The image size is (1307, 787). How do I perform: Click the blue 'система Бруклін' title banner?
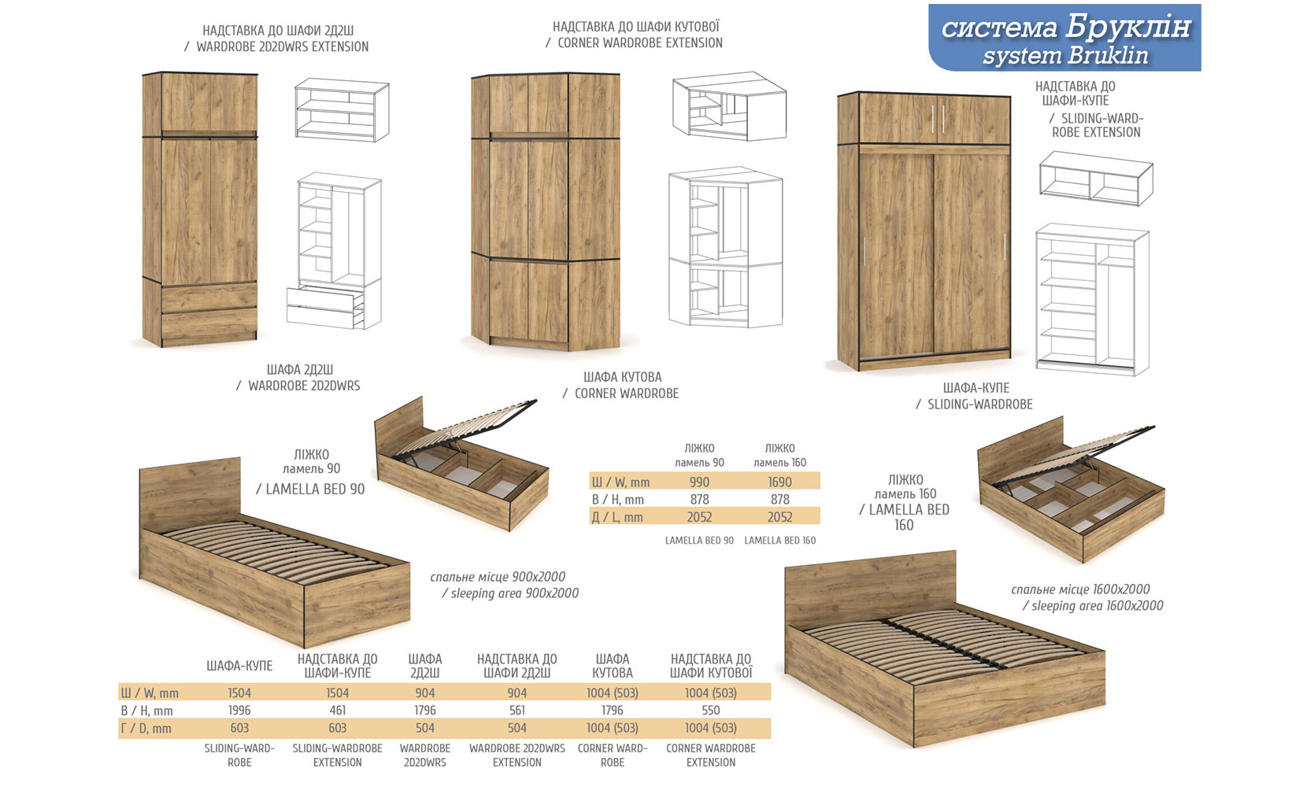[1064, 38]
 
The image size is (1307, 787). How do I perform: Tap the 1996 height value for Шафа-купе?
[239, 710]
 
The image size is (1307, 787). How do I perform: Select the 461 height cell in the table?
[337, 710]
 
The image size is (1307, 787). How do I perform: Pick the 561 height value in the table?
[517, 710]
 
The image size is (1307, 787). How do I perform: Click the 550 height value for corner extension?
[711, 710]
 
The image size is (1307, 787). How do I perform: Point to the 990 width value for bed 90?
[699, 482]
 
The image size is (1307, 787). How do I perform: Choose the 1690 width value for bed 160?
[779, 482]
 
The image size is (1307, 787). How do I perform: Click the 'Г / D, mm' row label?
[146, 728]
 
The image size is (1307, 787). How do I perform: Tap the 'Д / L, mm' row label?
[617, 517]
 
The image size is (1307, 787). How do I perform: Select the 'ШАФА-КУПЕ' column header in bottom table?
[239, 666]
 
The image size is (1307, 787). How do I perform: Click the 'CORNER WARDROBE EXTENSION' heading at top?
[640, 42]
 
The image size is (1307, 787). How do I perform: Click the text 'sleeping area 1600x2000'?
[1097, 605]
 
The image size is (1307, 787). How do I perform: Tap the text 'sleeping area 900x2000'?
[515, 593]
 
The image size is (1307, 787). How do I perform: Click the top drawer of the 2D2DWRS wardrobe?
[209, 297]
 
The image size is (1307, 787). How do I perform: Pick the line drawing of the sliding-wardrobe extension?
[1096, 178]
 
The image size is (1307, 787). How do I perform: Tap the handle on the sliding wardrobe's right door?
[1005, 246]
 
